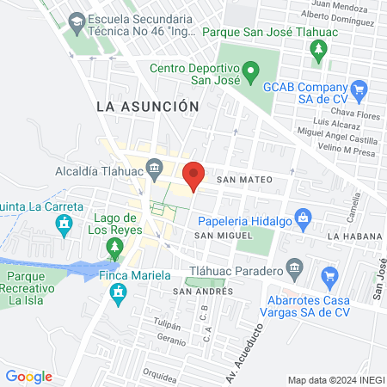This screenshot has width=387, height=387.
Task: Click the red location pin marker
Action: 193,175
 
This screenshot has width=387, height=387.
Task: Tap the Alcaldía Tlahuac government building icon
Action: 154,166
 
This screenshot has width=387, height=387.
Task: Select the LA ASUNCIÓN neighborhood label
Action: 147,105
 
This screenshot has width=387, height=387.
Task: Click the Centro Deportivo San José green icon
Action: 250,71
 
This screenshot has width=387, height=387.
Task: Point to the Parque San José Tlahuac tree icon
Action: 319,49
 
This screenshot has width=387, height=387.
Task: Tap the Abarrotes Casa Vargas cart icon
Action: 328,277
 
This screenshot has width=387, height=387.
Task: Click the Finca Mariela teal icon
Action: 118,295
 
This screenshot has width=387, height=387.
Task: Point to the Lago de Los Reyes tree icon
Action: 114,249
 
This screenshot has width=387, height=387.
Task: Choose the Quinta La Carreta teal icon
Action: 63,225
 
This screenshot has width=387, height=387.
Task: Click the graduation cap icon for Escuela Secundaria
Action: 77,18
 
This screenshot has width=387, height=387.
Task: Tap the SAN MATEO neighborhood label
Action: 244,180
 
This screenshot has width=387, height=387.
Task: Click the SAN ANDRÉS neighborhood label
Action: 204,292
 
